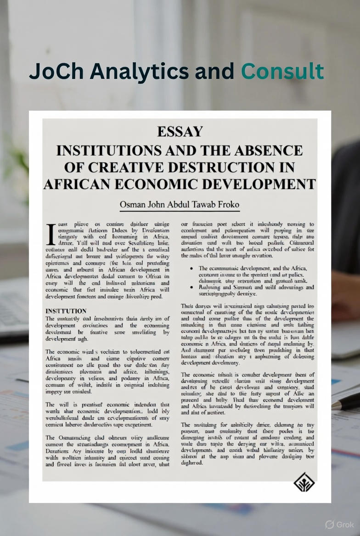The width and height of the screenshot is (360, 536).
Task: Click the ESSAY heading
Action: click(180, 132)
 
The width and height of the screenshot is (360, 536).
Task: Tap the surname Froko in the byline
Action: click(227, 204)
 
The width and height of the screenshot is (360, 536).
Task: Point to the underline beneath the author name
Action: click(180, 211)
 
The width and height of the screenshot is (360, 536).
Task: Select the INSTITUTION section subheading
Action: click(66, 311)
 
